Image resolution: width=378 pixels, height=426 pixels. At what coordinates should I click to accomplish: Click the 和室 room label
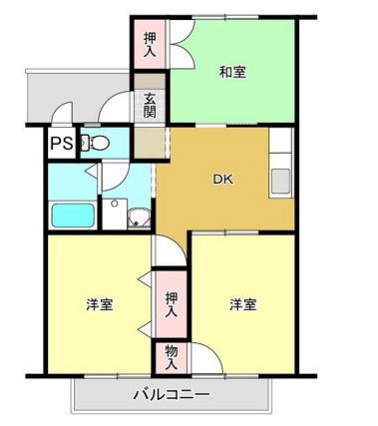(x=233, y=72)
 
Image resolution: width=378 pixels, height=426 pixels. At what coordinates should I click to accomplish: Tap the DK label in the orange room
(x=222, y=181)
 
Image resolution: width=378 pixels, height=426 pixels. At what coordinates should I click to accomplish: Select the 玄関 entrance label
(x=150, y=105)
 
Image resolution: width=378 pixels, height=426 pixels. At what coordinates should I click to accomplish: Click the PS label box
(x=61, y=143)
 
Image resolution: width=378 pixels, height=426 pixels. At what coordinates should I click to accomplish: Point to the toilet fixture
(x=95, y=143)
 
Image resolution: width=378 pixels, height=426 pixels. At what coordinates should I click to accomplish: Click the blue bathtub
(x=71, y=214)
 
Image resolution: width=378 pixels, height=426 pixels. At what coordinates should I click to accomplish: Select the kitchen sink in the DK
(x=281, y=183)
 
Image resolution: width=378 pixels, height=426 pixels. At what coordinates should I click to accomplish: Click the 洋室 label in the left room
(x=98, y=304)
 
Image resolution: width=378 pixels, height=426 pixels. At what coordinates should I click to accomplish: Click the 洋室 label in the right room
(x=242, y=304)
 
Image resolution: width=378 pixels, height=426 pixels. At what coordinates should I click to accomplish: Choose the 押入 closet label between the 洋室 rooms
(x=171, y=303)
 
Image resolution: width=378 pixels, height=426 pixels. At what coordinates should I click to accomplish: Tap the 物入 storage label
(x=171, y=357)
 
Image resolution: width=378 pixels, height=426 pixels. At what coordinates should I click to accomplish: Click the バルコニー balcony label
(x=172, y=395)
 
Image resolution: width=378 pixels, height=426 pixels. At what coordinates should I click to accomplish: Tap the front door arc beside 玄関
(x=118, y=108)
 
